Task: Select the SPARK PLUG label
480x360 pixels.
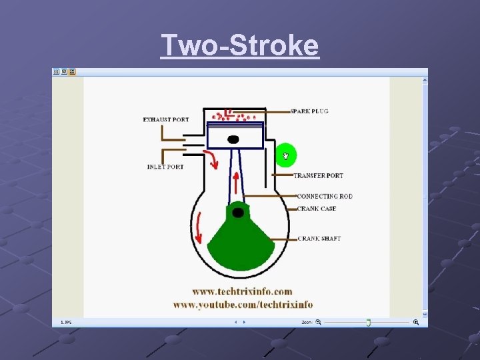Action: click(309, 111)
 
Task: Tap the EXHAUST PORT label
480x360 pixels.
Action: click(166, 120)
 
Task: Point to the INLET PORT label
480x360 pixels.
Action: click(165, 167)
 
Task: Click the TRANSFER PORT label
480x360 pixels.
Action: click(319, 175)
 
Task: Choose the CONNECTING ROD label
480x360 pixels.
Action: click(325, 197)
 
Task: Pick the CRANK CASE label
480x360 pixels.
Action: click(316, 209)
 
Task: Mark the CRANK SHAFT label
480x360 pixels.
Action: click(319, 238)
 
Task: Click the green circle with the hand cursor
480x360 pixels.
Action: click(286, 155)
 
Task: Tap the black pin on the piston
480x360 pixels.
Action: click(233, 139)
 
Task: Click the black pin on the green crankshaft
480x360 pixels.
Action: click(237, 213)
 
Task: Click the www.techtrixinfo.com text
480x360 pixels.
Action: click(242, 291)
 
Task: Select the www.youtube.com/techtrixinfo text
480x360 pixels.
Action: click(243, 305)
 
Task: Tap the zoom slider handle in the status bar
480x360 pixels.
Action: click(368, 322)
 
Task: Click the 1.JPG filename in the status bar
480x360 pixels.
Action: click(66, 322)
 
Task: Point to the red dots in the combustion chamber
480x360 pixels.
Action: click(233, 115)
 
